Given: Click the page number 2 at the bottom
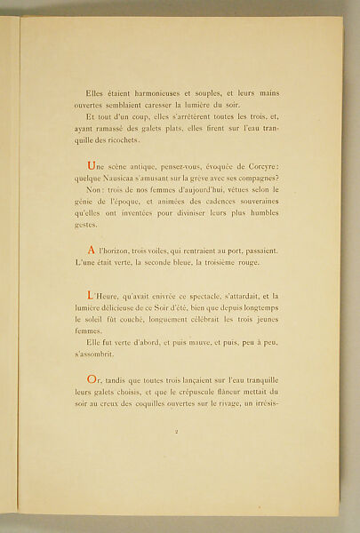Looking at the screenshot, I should click(178, 457).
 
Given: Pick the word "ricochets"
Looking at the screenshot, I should click(137, 140).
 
